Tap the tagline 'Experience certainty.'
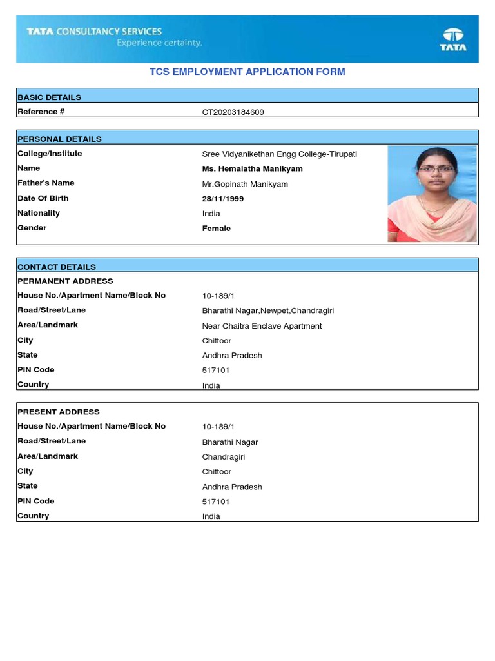(159, 43)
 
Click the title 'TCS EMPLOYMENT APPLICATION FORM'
(247, 72)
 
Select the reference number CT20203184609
(233, 112)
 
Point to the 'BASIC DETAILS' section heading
(49, 97)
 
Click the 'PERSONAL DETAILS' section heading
(59, 139)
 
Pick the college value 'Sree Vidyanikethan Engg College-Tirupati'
(279, 154)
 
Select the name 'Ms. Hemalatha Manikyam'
(252, 169)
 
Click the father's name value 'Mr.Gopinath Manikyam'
(245, 185)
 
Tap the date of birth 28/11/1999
(223, 199)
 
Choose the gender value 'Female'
(216, 229)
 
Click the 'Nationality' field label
(39, 213)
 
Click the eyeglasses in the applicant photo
(428, 169)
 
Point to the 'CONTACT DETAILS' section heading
(57, 267)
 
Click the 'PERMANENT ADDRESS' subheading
(65, 281)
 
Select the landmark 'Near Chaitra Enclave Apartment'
(262, 326)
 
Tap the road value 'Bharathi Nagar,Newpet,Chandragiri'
(267, 311)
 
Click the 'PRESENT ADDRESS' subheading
(59, 412)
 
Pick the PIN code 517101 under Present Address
(215, 502)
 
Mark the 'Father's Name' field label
(46, 183)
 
